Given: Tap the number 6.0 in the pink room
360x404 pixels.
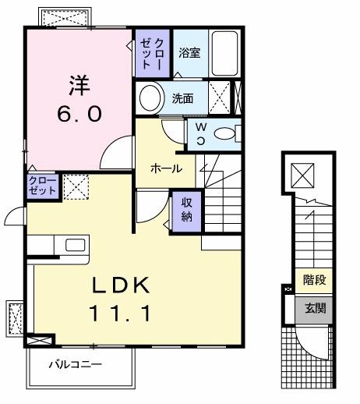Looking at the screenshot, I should pos(78,114).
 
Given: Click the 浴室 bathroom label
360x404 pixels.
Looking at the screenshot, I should pos(189,53).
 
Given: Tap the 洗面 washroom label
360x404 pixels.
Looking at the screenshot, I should pos(182,99).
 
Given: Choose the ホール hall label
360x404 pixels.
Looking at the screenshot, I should pos(166,168).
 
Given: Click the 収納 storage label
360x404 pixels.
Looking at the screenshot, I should pos(187,210).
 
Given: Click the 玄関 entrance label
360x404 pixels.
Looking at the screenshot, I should pos(315,308).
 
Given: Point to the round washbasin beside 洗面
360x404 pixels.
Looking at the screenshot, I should pos(149,97).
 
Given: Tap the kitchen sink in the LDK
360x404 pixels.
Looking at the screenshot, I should pos(75,245).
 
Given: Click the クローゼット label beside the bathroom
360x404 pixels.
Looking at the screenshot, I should pos(152,53).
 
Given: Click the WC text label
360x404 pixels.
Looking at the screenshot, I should pos(200,133).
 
